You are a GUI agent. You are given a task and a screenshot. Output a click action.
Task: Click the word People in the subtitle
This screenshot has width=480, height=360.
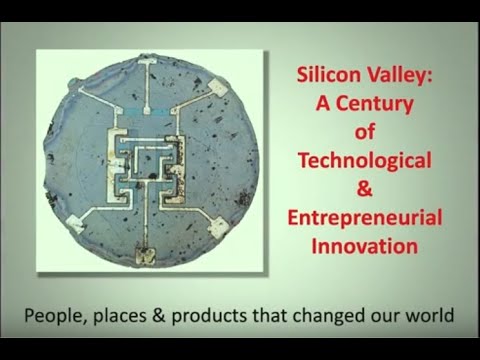(x=59, y=316)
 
